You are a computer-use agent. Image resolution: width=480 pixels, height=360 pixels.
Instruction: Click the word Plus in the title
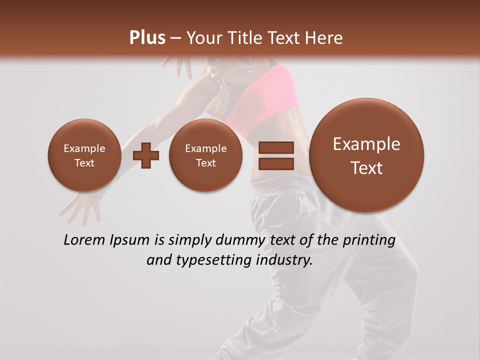[x=147, y=38]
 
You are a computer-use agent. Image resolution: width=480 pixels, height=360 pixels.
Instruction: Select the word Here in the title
[x=324, y=38]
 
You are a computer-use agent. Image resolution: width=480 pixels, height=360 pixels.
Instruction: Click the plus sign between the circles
[x=145, y=155]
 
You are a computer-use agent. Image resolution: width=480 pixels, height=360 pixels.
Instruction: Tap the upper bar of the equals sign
[x=275, y=147]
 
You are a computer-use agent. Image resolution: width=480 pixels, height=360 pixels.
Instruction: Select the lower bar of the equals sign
[x=275, y=163]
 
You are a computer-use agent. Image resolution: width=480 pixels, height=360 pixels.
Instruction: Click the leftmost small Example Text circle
[x=84, y=155]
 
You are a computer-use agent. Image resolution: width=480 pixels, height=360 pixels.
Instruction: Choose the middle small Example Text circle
[x=205, y=155]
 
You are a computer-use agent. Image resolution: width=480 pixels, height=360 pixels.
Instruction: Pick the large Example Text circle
[x=366, y=155]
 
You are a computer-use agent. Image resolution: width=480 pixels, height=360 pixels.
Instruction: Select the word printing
[x=368, y=240]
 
